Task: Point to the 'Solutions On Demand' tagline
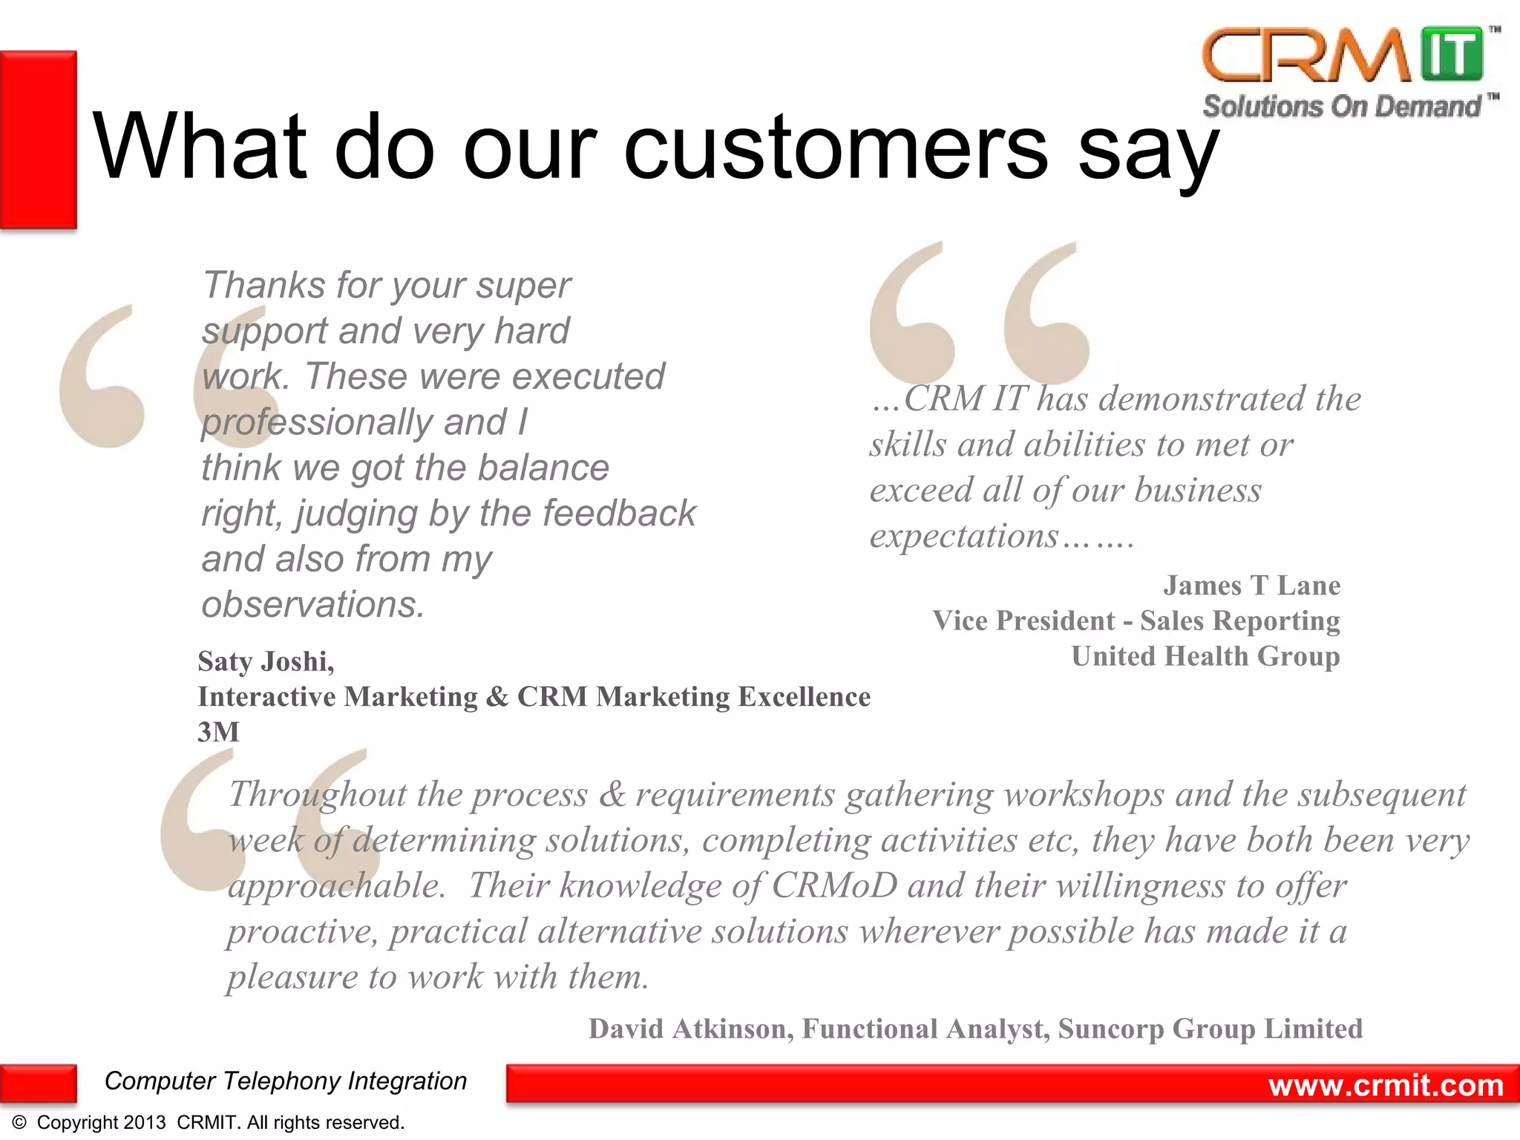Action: (1342, 106)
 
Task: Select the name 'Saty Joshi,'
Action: (266, 661)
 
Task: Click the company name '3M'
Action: (218, 732)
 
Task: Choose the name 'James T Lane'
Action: (1251, 585)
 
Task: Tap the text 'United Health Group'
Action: (1205, 656)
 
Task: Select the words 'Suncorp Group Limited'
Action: (1210, 1029)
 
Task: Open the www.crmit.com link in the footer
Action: (1386, 1085)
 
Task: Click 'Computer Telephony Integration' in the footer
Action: (285, 1081)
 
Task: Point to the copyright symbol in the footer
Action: (20, 1123)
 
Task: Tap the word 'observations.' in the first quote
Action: (312, 604)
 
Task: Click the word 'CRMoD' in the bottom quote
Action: (834, 885)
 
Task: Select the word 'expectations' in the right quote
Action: (964, 535)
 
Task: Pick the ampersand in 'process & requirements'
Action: (612, 794)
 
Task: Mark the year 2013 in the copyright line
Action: (145, 1123)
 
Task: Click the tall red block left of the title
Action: (39, 140)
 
